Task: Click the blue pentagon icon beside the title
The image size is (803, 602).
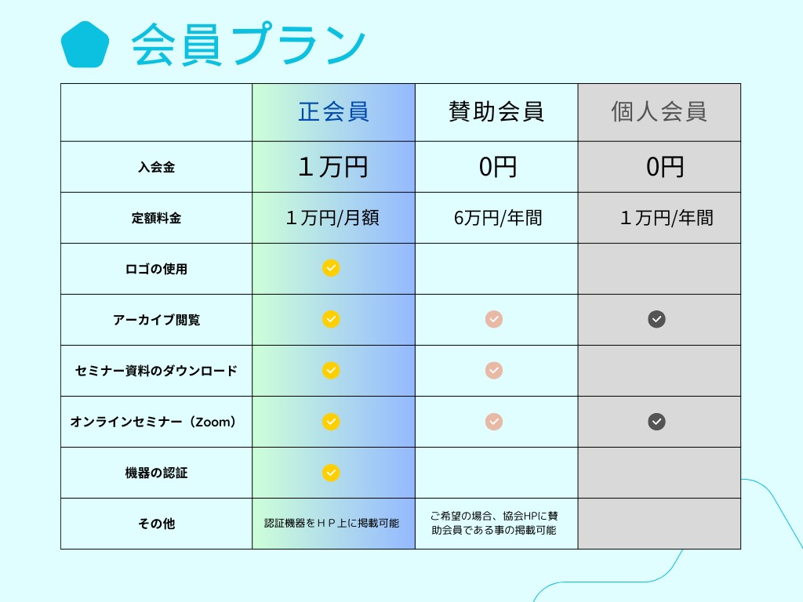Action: (84, 45)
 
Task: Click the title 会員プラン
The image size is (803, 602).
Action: (249, 45)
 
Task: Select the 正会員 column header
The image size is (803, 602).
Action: (333, 112)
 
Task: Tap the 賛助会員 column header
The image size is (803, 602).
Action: (496, 112)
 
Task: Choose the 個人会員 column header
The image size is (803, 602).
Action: (659, 112)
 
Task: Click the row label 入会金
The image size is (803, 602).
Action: (156, 167)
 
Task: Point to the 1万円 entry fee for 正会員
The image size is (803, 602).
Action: (333, 167)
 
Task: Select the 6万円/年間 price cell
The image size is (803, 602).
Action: (497, 218)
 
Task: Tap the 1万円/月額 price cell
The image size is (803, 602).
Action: (333, 218)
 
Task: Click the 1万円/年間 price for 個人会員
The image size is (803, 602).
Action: (667, 218)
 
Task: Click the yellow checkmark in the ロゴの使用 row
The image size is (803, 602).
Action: (331, 268)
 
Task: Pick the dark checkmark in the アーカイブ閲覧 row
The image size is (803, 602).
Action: (656, 319)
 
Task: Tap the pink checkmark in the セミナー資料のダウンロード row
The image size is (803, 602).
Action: (493, 370)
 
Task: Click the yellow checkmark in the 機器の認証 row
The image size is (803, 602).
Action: (331, 473)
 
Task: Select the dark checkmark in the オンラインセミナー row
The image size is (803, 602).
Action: (656, 422)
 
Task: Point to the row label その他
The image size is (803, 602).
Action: (156, 524)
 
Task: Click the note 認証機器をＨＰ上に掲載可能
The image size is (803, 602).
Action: (332, 523)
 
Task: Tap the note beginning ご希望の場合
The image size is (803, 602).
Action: (495, 523)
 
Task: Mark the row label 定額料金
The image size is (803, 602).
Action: (156, 218)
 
